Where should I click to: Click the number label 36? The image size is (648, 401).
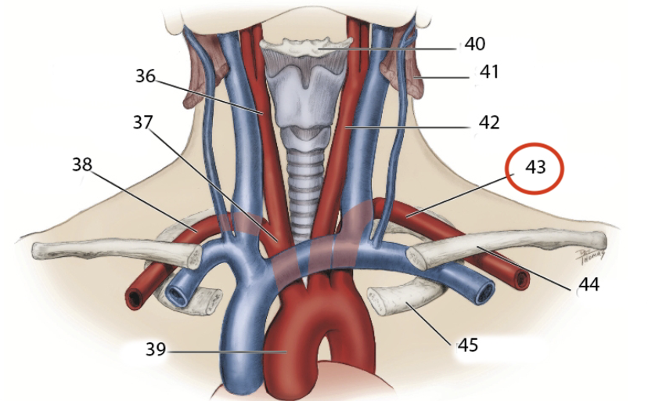click(x=146, y=76)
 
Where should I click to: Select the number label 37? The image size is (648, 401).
click(x=142, y=121)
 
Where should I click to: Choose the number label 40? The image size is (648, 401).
click(x=474, y=43)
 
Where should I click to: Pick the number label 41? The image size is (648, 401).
click(x=489, y=73)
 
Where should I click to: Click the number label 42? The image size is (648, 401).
click(x=489, y=122)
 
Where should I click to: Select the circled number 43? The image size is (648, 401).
click(x=535, y=168)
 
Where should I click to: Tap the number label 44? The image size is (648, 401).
click(x=587, y=285)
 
